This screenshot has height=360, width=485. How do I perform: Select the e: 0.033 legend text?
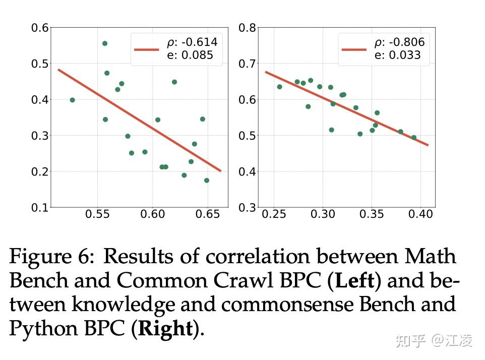(x=397, y=55)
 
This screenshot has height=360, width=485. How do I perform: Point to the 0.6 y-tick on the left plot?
(x=40, y=28)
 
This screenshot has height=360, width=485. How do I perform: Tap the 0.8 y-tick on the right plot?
(x=247, y=28)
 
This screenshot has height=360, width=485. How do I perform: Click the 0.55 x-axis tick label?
(x=97, y=214)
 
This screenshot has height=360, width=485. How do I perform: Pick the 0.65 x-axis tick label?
(x=208, y=214)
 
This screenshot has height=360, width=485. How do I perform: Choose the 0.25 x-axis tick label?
(x=274, y=214)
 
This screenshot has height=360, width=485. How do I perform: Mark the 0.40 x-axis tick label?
(x=420, y=214)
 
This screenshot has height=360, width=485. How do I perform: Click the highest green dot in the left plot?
(x=105, y=43)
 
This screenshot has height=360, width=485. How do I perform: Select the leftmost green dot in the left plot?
(x=72, y=100)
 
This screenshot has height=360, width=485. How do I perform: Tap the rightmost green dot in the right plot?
(x=414, y=137)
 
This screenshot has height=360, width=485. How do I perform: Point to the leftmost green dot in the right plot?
(x=280, y=87)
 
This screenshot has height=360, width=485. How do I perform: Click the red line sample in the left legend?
(x=147, y=49)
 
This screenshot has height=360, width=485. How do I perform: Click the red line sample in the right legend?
(x=354, y=49)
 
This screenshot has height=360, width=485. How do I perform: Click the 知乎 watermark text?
(x=411, y=341)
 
